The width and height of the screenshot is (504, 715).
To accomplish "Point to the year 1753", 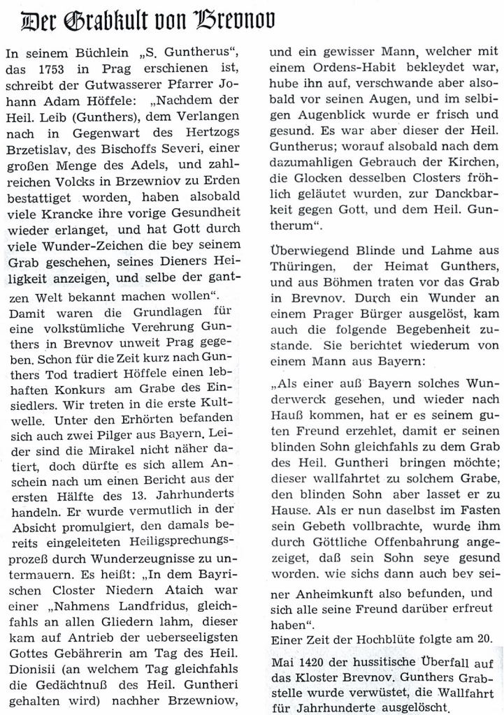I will pyautogui.click(x=54, y=71).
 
